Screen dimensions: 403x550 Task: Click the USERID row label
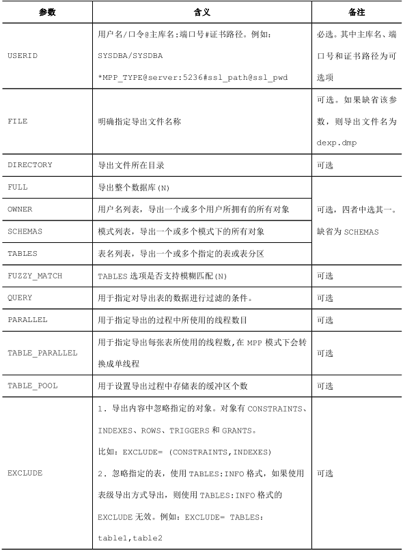tap(24, 55)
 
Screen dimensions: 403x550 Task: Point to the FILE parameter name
tap(18, 122)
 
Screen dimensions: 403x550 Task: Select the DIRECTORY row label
tap(30, 165)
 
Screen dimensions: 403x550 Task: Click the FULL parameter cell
tap(18, 187)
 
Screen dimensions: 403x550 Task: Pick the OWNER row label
tap(20, 209)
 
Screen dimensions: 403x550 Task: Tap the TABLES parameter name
tap(23, 253)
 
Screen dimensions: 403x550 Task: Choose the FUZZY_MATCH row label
tap(35, 276)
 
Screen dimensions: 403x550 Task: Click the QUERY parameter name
tap(20, 298)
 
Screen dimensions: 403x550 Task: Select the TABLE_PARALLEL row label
tap(42, 353)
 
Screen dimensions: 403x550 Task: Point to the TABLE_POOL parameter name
tap(33, 386)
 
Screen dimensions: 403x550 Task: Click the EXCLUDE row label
tap(25, 473)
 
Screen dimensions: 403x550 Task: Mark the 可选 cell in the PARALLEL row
tap(324, 320)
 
